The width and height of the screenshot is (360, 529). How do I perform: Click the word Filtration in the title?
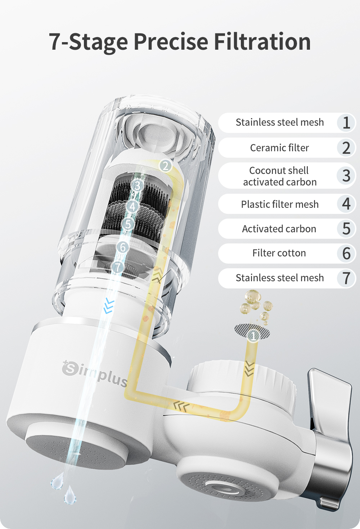[262, 42]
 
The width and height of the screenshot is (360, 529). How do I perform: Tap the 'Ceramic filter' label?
[279, 148]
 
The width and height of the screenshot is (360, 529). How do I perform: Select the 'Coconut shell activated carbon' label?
[279, 176]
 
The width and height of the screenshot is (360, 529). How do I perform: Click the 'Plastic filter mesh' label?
[280, 204]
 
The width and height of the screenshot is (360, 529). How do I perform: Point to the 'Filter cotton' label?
[279, 253]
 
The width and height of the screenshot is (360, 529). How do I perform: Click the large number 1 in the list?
[346, 123]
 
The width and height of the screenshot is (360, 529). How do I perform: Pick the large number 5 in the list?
[346, 229]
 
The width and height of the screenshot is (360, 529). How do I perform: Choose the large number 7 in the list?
[346, 278]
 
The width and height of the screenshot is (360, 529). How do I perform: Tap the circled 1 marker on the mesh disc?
[253, 336]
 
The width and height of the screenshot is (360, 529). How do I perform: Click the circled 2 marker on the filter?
[166, 166]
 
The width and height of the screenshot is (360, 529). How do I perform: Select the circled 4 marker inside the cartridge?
[132, 206]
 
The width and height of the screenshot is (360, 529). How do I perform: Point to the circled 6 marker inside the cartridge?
[123, 247]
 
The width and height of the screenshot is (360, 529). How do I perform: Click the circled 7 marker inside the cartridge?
[118, 267]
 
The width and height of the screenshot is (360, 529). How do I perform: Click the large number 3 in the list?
[346, 176]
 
